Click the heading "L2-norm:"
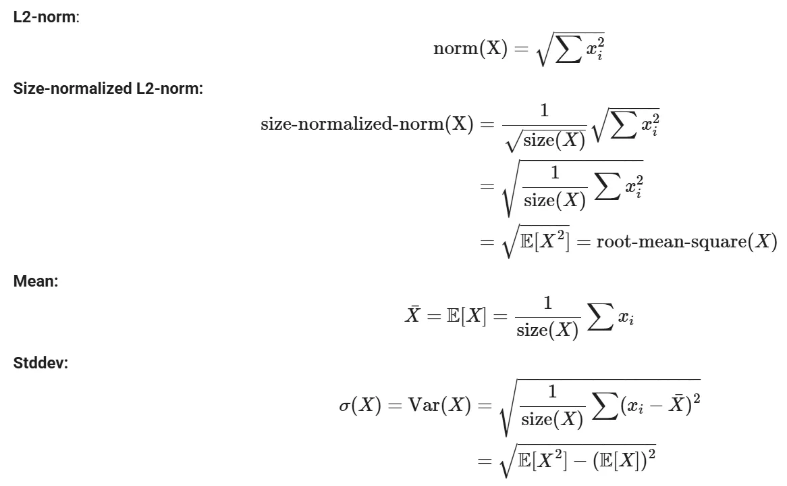coord(46,17)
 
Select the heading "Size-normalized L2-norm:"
coord(108,89)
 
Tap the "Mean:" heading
coord(36,281)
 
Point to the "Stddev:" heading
coord(40,363)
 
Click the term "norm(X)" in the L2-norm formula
coord(471,48)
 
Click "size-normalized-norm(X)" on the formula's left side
coord(367,124)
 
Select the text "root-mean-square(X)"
coord(686,242)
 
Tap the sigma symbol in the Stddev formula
coord(344,406)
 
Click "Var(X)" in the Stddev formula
coord(439,405)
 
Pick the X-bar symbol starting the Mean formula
coord(412,314)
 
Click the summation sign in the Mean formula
coord(600,316)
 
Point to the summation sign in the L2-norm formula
coord(569,49)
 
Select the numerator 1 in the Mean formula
coord(547,303)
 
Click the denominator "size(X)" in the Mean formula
coord(547,331)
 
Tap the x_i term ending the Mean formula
coord(626,318)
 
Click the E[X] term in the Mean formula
coord(466,316)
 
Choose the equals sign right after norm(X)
coord(522,49)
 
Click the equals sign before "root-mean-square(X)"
coord(582,242)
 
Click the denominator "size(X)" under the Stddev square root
coord(552,419)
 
